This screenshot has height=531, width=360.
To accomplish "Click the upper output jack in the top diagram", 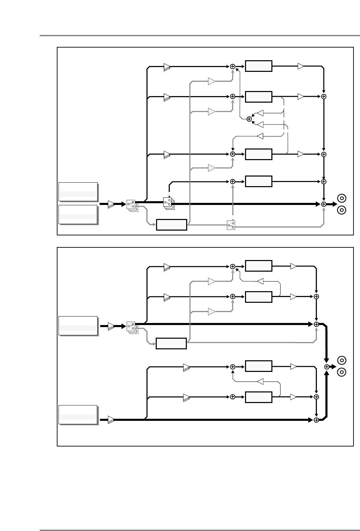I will coord(342,198).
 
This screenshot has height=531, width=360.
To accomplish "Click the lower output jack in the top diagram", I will coord(342,210).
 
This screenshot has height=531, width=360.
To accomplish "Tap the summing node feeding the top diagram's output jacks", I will coord(324,204).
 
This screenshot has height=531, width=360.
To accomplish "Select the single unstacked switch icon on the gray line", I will coord(231,225).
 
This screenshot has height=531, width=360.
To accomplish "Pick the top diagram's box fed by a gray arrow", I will coord(171,225).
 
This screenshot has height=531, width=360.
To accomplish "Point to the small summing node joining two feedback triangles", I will coord(249,119).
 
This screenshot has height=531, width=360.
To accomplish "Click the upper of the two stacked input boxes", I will coord(78,192).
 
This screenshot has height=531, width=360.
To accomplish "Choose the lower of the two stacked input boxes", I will coord(78,215).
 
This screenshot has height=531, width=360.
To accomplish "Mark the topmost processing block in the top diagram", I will coord(259,66).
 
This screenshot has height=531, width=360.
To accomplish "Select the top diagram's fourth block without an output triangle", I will coord(259,181).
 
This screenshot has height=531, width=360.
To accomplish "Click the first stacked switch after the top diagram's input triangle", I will coord(131,204).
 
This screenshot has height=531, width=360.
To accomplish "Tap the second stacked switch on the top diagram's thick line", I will coord(168,203).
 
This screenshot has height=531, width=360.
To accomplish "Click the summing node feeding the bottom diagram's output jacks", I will coord(327,366).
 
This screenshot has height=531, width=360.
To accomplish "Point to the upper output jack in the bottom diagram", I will coord(342,360).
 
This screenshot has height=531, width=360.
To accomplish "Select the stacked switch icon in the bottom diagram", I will coord(131,327).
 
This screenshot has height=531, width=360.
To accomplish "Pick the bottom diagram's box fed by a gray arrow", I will coord(171,343).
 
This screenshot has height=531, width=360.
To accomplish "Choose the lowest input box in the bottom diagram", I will coord(78,415).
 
